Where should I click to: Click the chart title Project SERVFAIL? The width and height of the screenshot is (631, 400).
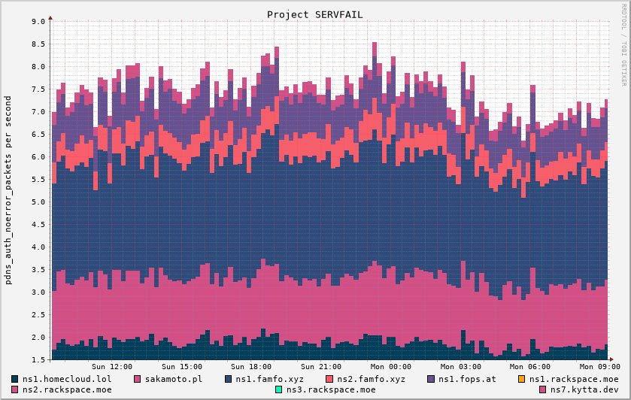tap(314, 14)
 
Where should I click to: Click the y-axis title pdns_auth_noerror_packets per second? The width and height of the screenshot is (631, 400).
tap(8, 189)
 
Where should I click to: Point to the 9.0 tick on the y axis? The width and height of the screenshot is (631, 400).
tap(38, 22)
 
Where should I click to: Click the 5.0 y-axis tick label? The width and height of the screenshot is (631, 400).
tap(38, 202)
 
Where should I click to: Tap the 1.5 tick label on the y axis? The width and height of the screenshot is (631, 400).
tap(38, 360)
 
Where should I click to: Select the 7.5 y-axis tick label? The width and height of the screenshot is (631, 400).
tap(38, 89)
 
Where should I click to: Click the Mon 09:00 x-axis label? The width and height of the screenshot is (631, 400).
tap(600, 366)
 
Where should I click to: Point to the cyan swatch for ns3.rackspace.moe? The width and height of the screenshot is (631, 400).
tap(279, 389)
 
